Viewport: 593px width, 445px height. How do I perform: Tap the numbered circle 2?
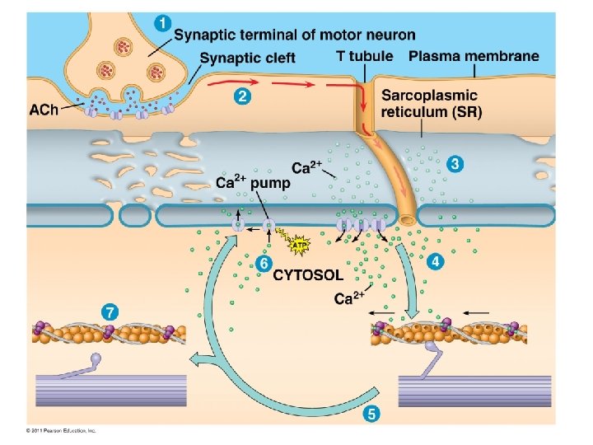click(x=241, y=97)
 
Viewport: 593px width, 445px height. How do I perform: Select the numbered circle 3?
click(x=455, y=164)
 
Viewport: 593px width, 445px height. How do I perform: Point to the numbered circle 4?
click(x=434, y=261)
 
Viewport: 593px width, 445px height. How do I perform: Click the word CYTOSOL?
click(x=308, y=273)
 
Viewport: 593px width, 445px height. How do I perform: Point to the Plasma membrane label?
click(x=474, y=57)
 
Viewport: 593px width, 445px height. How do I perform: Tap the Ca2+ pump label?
click(x=253, y=182)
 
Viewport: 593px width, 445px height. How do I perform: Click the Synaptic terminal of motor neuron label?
click(x=295, y=35)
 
